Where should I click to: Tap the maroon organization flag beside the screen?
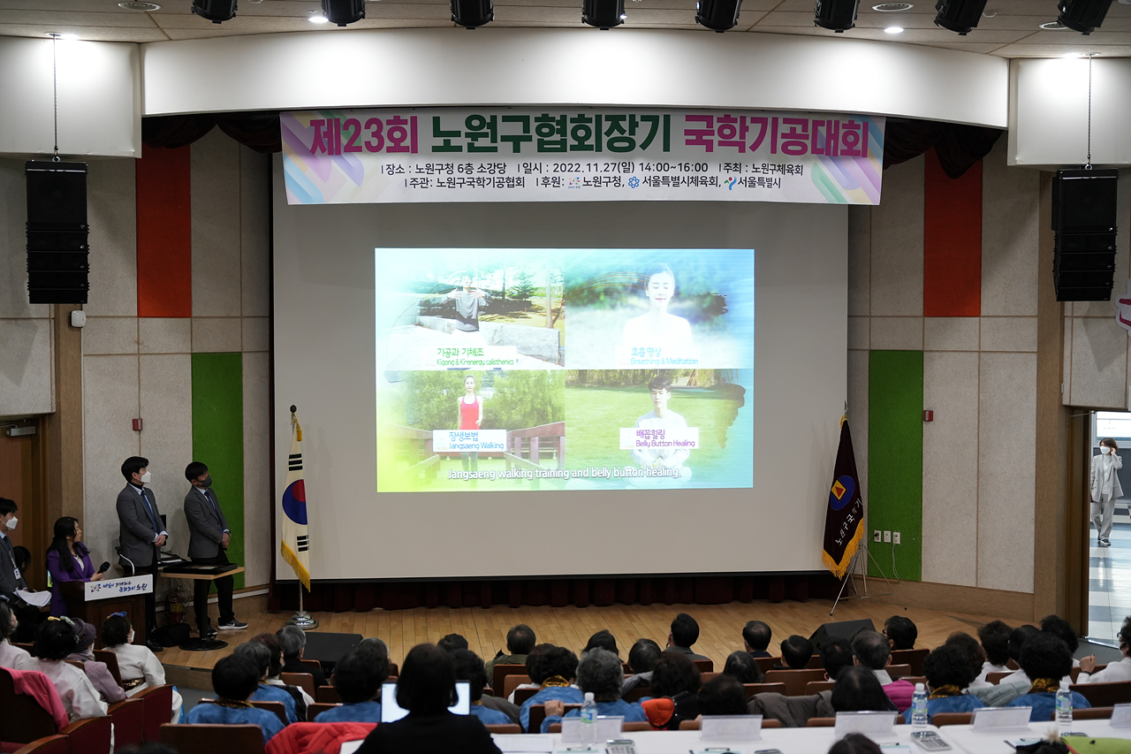[843, 499]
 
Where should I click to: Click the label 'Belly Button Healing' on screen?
[658, 438]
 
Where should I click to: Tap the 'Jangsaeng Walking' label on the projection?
[469, 440]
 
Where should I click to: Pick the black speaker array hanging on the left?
[57, 232]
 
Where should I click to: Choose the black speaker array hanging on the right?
[1084, 235]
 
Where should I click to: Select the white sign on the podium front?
[118, 587]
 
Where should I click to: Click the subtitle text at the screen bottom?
[564, 474]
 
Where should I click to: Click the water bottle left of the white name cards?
[588, 712]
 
